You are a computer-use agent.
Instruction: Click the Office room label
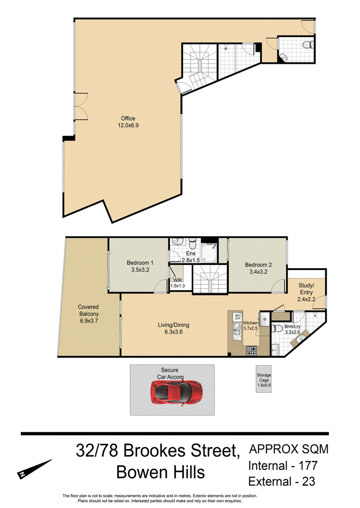[128, 119]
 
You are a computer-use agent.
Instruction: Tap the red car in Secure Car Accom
[176, 393]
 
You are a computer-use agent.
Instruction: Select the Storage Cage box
[263, 379]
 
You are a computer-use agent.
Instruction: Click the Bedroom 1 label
[140, 263]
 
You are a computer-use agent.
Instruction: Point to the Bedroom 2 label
[258, 265]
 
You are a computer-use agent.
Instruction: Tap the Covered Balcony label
[89, 310]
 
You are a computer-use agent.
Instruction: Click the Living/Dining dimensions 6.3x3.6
[173, 332]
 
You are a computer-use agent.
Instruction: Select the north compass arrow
[34, 468]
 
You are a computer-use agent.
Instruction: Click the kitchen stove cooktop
[251, 351]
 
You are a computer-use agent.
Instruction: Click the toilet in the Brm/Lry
[277, 328]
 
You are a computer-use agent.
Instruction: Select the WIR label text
[178, 280]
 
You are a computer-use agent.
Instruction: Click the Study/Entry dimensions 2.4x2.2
[306, 299]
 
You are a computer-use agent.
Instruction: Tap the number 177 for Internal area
[308, 466]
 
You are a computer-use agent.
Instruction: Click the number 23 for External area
[309, 481]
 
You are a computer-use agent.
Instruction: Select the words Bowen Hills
[160, 472]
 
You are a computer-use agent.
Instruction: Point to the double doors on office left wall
[81, 107]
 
